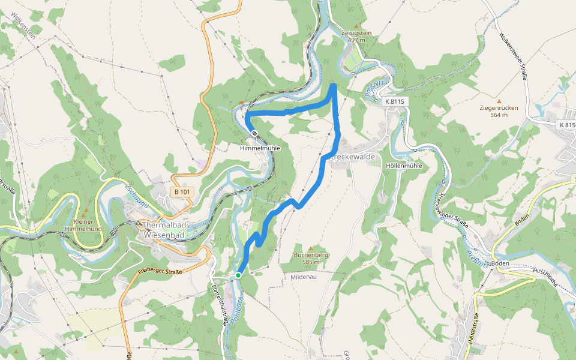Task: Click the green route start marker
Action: pos(238,275)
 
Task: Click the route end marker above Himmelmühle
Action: pos(255,133)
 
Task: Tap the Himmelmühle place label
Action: pos(260,148)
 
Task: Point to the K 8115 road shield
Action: pos(395,101)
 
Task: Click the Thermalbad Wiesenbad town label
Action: pos(165,230)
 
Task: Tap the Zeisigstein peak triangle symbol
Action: pos(356,26)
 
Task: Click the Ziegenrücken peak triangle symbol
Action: pos(499,101)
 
